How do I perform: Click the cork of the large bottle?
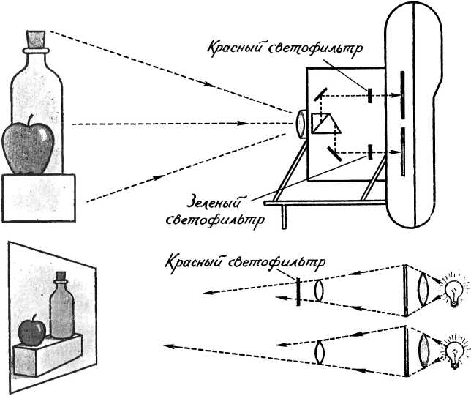pos(36,39)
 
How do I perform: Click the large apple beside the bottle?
pos(29,149)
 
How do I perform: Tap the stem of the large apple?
pos(30,119)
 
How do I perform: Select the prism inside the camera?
pos(325,123)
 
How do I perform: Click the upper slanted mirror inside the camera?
pos(320,94)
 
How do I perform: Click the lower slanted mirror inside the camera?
pos(334,154)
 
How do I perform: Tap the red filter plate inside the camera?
pos(370,95)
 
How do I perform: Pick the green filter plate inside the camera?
pos(370,152)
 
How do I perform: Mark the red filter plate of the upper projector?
pos(298,291)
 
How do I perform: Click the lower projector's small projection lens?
pos(320,353)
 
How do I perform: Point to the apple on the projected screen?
pos(32,331)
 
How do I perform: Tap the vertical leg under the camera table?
pos(284,217)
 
